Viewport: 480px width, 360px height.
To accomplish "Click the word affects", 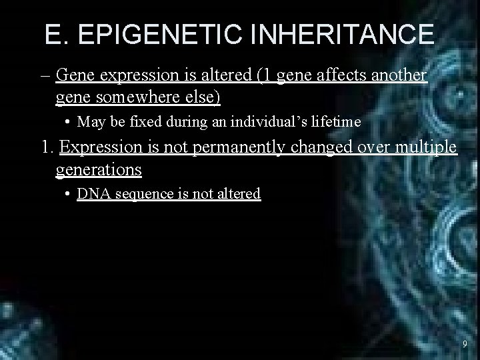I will coord(339,75).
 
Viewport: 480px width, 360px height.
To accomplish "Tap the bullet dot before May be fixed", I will coord(69,122).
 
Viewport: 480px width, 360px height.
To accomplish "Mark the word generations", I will coord(99,170).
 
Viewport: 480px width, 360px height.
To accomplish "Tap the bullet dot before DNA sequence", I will coord(69,194).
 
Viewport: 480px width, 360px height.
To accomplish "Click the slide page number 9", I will coord(465,344).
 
